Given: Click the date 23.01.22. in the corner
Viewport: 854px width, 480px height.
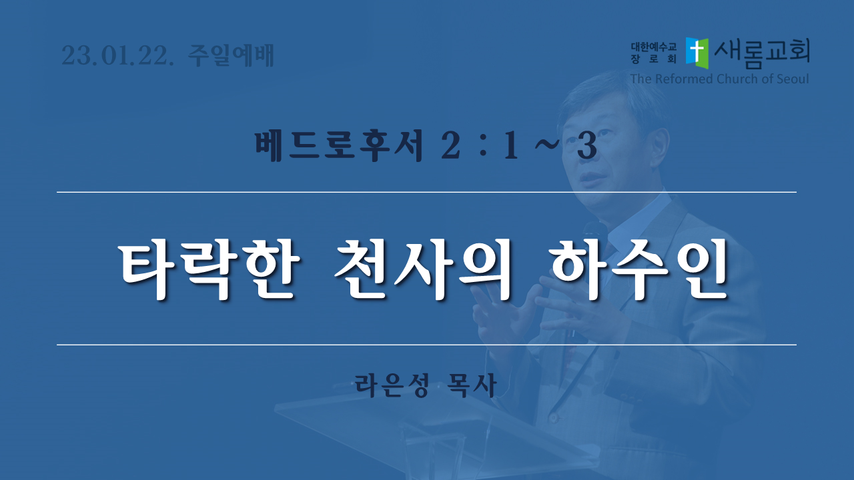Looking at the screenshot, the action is point(117,56).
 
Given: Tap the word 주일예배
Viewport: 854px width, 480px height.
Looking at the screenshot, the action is point(231,55).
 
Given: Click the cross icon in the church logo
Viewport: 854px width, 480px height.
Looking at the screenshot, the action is point(697,53).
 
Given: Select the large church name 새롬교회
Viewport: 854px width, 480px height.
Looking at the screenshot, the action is point(762,53).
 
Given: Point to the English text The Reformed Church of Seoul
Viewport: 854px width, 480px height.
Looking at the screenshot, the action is point(719,79).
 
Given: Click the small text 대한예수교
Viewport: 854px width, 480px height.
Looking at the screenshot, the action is point(653,47).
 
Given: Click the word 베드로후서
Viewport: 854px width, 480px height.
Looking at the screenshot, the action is point(339,145).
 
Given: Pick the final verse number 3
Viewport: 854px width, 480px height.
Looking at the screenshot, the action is point(586,146).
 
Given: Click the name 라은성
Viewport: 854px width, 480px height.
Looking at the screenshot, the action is point(392,385).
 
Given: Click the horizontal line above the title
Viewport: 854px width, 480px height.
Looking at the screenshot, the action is point(426,193).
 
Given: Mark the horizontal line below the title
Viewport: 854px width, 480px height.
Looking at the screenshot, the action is point(426,345).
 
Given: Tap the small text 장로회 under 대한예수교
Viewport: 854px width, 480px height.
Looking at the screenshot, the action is point(653,59).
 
